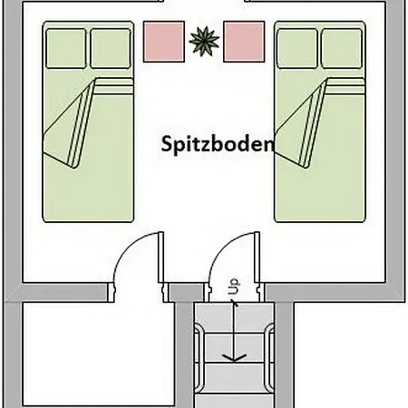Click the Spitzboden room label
[218, 144]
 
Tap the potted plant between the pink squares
[203, 40]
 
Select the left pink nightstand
[163, 40]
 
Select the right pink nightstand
[243, 40]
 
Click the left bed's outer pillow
[65, 47]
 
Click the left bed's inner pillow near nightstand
[110, 47]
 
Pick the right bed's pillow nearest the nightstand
[296, 47]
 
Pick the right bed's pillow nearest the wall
[342, 47]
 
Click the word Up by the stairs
[234, 287]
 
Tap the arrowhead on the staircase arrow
[234, 356]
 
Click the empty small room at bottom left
[86, 354]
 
